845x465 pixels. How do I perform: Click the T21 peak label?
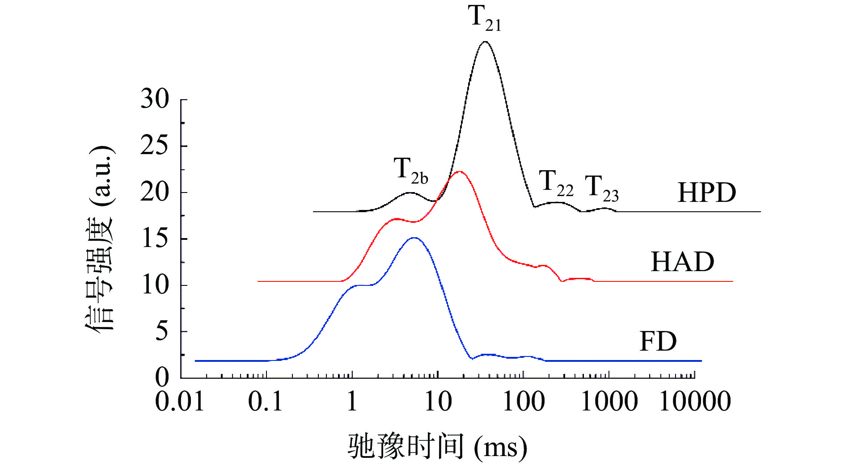[x=485, y=19]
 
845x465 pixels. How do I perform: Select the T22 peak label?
[x=556, y=183]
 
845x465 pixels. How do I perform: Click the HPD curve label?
[x=706, y=193]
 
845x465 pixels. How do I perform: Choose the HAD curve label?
[x=682, y=262]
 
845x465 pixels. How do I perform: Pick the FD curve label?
[x=658, y=342]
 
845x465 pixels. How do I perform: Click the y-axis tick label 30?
[x=155, y=99]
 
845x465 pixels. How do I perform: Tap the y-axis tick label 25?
[x=155, y=146]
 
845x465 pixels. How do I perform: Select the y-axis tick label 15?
[x=155, y=239]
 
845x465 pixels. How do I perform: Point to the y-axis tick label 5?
[x=162, y=331]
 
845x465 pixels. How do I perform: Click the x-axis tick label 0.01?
[x=180, y=402]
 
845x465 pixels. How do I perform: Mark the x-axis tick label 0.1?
[x=266, y=402]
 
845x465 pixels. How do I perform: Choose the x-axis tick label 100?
[x=524, y=402]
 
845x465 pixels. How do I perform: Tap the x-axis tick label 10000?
[x=695, y=402]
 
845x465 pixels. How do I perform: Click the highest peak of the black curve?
[x=485, y=42]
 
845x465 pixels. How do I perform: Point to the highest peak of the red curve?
[x=459, y=172]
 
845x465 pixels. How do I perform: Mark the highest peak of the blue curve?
[x=414, y=238]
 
